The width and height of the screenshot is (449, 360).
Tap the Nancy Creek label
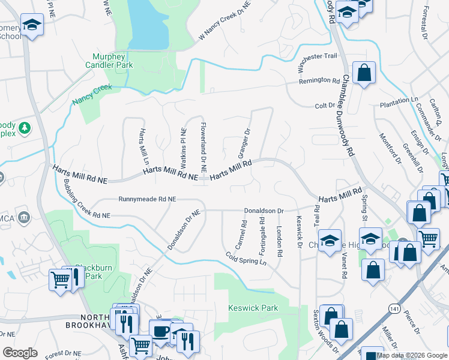[92, 95]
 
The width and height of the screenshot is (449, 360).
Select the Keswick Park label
[253, 308]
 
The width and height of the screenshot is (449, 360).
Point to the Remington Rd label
[319, 80]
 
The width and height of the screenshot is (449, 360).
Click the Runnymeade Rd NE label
[148, 199]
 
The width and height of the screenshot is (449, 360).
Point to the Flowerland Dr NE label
[203, 145]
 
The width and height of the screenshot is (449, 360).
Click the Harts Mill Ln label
[143, 147]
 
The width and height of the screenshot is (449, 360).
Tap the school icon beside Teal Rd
[330, 241]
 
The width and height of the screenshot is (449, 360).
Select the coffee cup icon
[160, 331]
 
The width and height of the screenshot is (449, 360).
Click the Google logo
[20, 353]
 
